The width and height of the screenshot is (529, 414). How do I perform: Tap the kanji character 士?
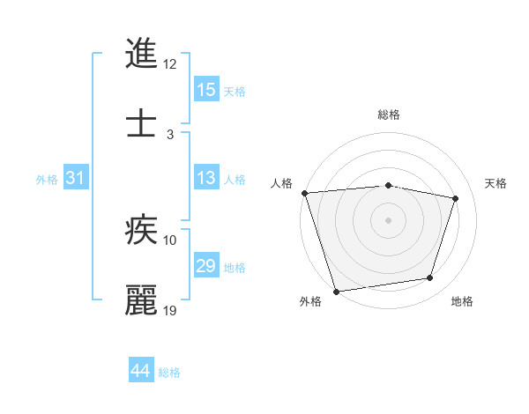[142, 124]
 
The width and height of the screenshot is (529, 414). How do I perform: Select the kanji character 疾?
[142, 230]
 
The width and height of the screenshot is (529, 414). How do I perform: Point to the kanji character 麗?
[142, 300]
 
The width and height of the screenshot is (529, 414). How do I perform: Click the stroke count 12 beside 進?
[170, 64]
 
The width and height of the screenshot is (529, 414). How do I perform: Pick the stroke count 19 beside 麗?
[170, 310]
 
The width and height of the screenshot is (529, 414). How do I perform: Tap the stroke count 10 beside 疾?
[170, 240]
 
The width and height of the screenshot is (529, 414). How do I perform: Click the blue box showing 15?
[206, 90]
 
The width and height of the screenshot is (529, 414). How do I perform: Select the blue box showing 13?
[206, 178]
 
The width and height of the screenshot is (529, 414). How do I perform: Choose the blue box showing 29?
[206, 266]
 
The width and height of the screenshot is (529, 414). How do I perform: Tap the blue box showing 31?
[76, 178]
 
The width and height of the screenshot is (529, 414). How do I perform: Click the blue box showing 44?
[141, 371]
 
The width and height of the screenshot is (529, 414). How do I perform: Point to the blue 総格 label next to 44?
[169, 373]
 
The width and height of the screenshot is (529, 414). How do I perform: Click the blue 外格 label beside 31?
[47, 180]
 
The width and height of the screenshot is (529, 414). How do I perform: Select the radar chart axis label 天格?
[496, 183]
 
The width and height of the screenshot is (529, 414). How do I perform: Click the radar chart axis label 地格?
[462, 302]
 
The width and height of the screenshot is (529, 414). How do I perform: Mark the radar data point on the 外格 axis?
[336, 290]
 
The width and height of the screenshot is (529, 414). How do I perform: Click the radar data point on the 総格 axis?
[389, 185]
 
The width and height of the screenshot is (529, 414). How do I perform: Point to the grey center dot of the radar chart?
[389, 220]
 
